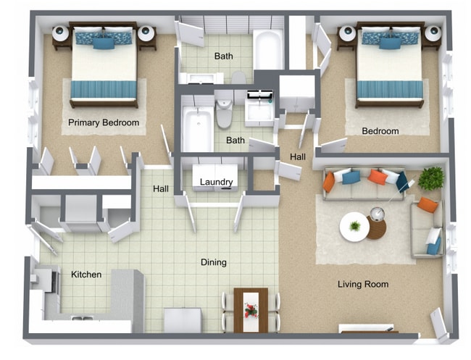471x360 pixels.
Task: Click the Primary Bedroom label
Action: tap(104, 122)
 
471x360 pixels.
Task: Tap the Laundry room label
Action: tap(216, 182)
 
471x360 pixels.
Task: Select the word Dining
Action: tap(214, 262)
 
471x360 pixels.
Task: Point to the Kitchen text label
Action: tap(86, 275)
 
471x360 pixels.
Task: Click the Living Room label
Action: tap(363, 284)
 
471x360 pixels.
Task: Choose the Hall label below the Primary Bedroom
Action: tap(161, 189)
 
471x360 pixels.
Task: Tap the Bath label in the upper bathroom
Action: tap(224, 56)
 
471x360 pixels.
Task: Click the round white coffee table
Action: tap(354, 227)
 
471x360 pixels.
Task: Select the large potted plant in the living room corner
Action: tap(431, 178)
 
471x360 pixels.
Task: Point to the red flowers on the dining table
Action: tap(251, 310)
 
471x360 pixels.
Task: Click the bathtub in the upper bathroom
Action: tap(268, 49)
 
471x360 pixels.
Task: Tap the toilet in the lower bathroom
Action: tap(224, 112)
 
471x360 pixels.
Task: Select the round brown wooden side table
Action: tap(377, 227)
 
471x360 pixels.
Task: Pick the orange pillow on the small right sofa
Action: tap(428, 205)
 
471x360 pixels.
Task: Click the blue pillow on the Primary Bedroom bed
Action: tap(104, 43)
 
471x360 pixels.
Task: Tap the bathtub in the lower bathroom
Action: tap(196, 129)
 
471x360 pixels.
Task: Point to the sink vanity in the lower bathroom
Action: tap(259, 109)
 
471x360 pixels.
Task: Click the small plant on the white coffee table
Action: tap(354, 226)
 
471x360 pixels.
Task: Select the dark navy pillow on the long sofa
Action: tap(401, 182)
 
